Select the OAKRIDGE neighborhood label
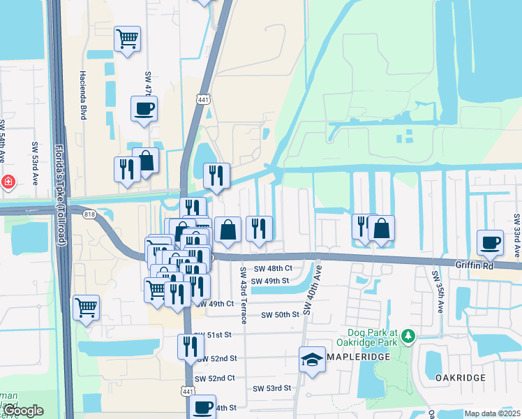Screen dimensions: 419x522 [460, 377]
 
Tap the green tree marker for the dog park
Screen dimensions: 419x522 [409, 337]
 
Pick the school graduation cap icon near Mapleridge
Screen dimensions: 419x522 [313, 360]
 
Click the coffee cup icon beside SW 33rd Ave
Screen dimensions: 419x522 [489, 243]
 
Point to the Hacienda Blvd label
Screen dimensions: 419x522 [83, 95]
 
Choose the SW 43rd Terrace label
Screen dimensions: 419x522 [243, 295]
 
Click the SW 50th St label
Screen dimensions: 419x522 [280, 315]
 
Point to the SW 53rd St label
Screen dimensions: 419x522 [271, 388]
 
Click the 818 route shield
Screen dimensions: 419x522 [90, 214]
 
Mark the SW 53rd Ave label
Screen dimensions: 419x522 [35, 164]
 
